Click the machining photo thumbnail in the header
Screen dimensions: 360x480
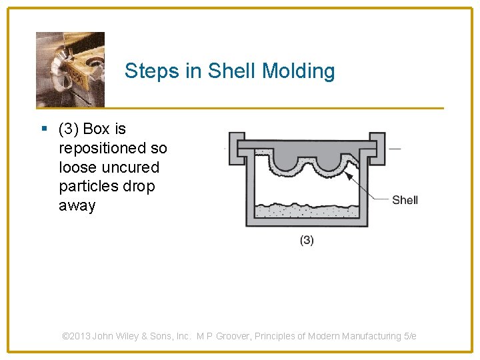point(70,69)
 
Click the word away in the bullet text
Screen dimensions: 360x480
point(77,206)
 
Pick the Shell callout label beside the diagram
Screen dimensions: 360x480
point(405,200)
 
